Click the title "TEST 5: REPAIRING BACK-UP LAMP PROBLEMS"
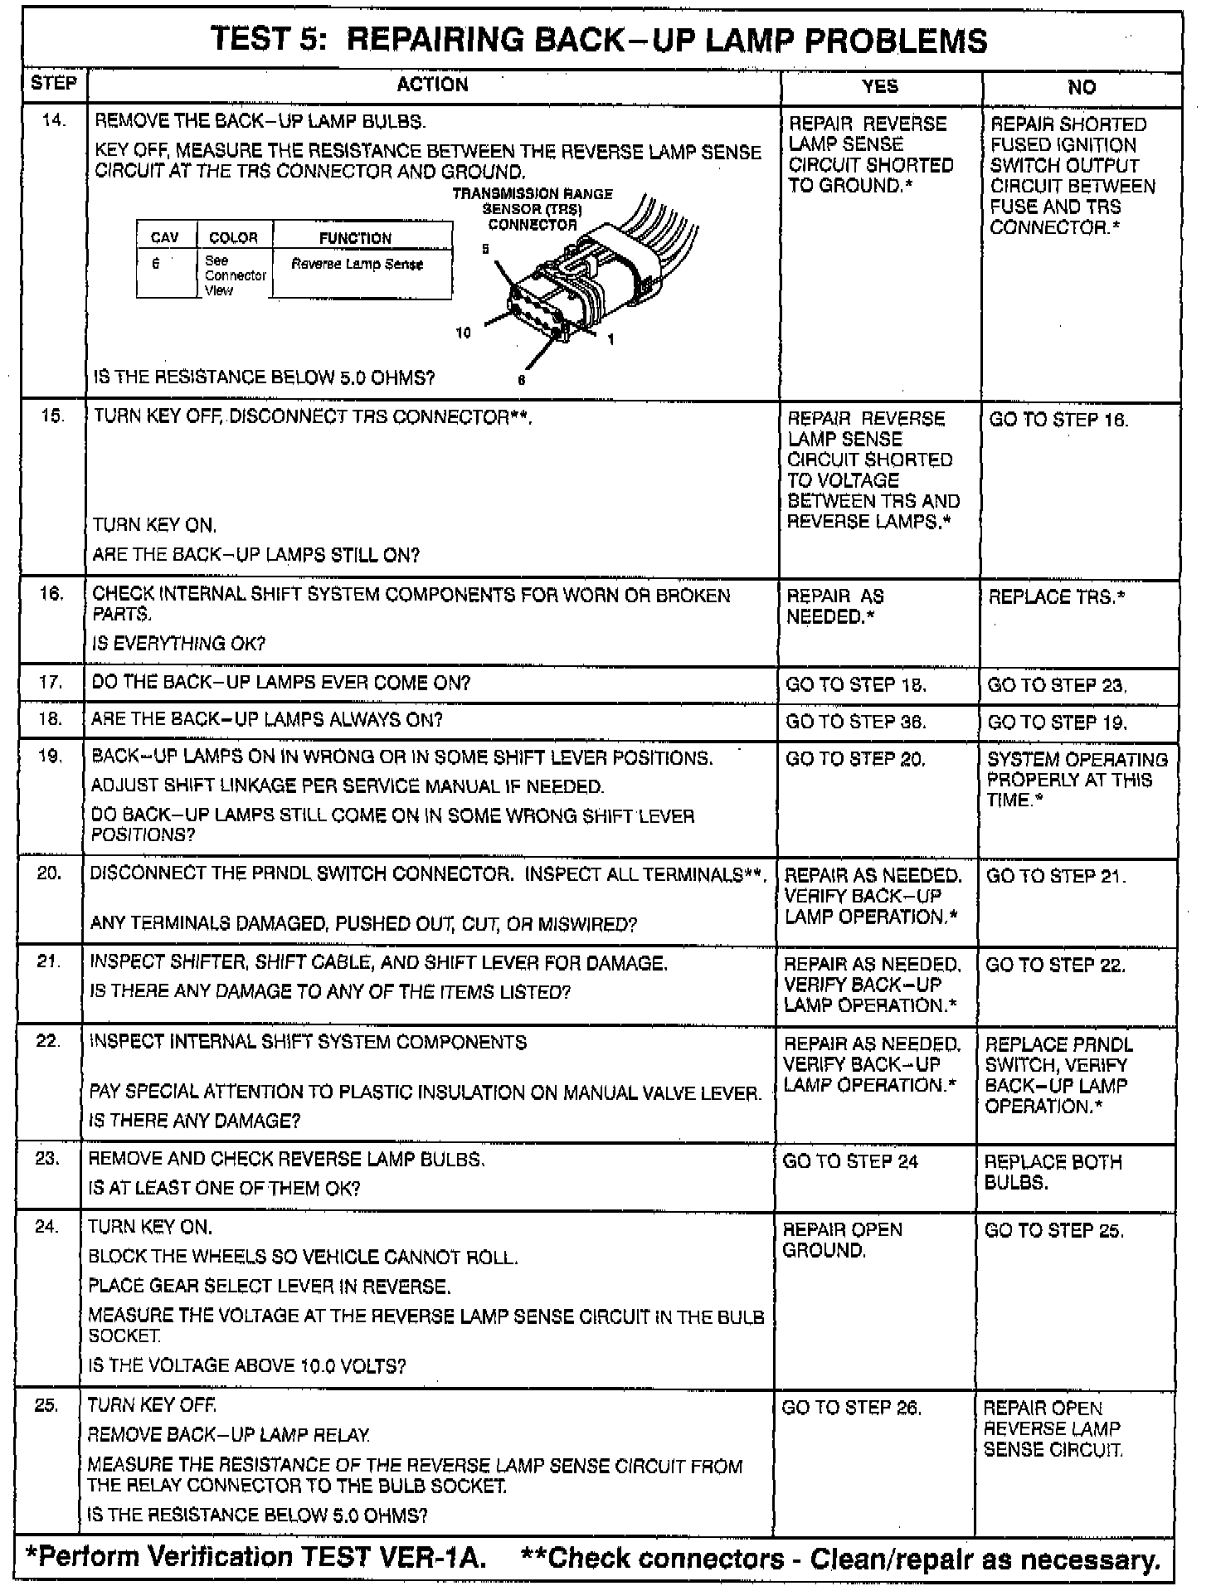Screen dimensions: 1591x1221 click(x=599, y=41)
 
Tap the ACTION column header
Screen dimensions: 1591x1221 click(x=432, y=85)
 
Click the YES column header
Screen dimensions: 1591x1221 click(x=879, y=85)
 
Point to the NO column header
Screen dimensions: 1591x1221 click(x=1081, y=87)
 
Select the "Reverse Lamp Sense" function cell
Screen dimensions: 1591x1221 click(x=357, y=265)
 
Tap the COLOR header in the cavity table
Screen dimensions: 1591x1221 click(x=233, y=238)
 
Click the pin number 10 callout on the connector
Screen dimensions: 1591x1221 click(x=463, y=333)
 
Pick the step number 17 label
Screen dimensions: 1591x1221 click(x=51, y=682)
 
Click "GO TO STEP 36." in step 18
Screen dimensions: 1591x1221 click(x=855, y=722)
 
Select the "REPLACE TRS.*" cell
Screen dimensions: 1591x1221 click(x=1056, y=597)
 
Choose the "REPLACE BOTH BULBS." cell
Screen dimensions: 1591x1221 click(x=1052, y=1172)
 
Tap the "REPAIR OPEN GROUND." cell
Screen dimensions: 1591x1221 click(x=842, y=1240)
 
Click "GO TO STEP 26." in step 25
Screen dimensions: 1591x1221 click(x=852, y=1408)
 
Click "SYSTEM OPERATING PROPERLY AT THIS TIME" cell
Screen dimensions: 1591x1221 click(x=1076, y=780)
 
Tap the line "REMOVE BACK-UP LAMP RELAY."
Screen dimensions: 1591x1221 click(x=229, y=1435)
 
